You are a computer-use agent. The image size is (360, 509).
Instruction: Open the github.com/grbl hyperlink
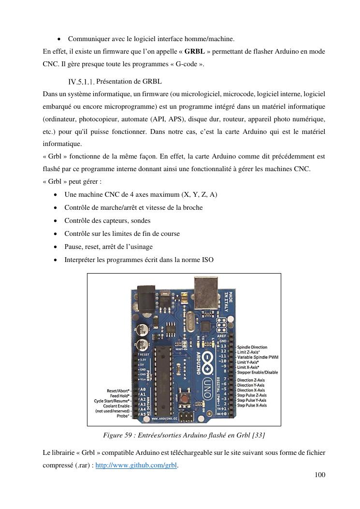(x=137, y=465)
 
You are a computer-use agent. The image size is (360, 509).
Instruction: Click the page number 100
(x=319, y=475)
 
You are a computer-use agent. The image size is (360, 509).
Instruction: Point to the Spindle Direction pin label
(x=252, y=347)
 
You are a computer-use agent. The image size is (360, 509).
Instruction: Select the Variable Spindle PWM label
(x=258, y=357)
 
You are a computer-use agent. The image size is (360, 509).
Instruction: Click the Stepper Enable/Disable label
(x=257, y=372)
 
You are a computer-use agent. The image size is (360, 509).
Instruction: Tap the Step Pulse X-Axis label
(x=252, y=405)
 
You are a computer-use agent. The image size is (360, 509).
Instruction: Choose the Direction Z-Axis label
(x=251, y=380)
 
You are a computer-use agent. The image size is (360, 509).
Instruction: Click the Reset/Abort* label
(x=118, y=391)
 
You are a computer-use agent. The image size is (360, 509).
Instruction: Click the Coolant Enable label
(x=116, y=406)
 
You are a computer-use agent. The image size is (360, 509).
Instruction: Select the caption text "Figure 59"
(x=118, y=435)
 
